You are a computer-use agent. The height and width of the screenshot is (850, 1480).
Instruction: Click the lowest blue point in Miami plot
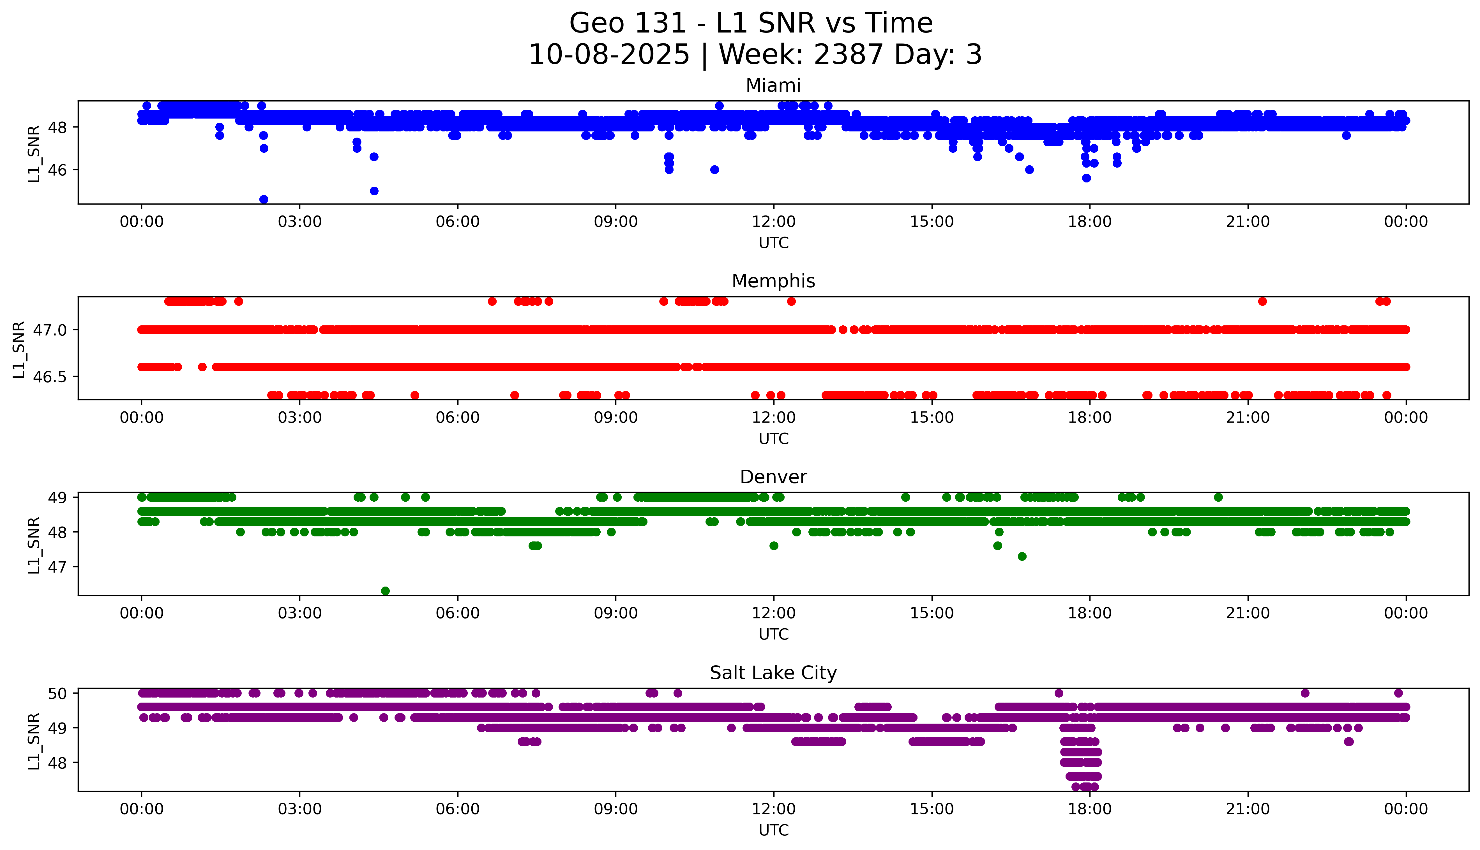(263, 199)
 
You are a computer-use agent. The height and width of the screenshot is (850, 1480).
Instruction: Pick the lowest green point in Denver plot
(385, 591)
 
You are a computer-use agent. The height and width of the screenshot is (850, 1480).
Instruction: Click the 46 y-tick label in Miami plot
(58, 170)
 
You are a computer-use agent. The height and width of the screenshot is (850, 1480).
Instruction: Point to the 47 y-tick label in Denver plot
(58, 567)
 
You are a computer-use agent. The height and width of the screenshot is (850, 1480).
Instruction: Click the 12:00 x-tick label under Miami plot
(773, 222)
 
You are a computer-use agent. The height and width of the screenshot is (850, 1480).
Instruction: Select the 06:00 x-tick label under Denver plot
(457, 613)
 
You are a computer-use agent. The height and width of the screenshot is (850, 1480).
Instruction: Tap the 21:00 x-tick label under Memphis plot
(1248, 417)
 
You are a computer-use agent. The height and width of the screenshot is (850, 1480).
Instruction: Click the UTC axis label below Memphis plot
(773, 438)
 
